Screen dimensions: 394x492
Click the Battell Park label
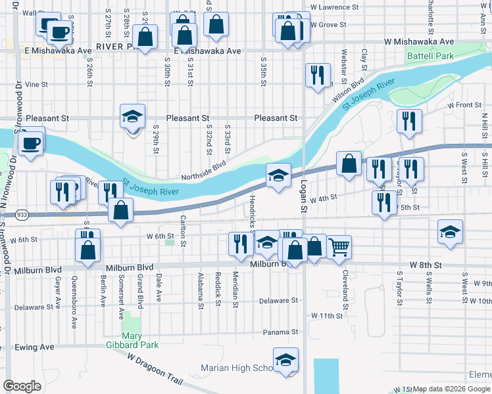point(430,56)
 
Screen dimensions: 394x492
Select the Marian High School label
point(237,368)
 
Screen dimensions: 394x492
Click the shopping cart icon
point(339,247)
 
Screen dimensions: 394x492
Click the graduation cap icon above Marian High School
point(285,360)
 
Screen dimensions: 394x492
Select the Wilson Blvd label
point(348,91)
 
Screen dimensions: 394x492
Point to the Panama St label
point(281,332)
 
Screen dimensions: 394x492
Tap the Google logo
point(22,386)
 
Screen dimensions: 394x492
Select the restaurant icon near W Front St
point(409,120)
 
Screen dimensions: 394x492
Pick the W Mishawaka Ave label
point(428,41)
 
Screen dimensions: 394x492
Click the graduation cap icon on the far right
point(451,232)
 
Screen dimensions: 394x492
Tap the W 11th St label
point(327,316)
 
